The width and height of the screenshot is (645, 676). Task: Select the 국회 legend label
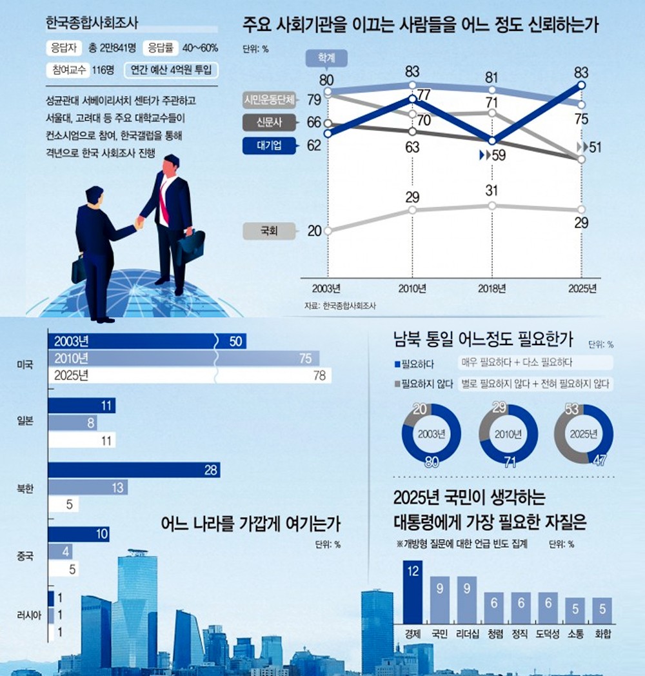tap(269, 231)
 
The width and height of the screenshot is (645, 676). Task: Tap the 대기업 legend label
tap(269, 145)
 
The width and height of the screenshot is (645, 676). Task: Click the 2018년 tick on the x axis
tap(491, 288)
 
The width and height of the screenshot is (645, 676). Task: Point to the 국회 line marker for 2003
tap(328, 230)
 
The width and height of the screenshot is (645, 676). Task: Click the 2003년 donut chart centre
tap(432, 433)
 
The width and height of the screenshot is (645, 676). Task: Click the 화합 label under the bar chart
tap(602, 633)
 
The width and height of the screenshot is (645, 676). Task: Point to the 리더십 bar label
tap(466, 633)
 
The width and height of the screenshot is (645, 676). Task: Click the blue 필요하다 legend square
tap(396, 363)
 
